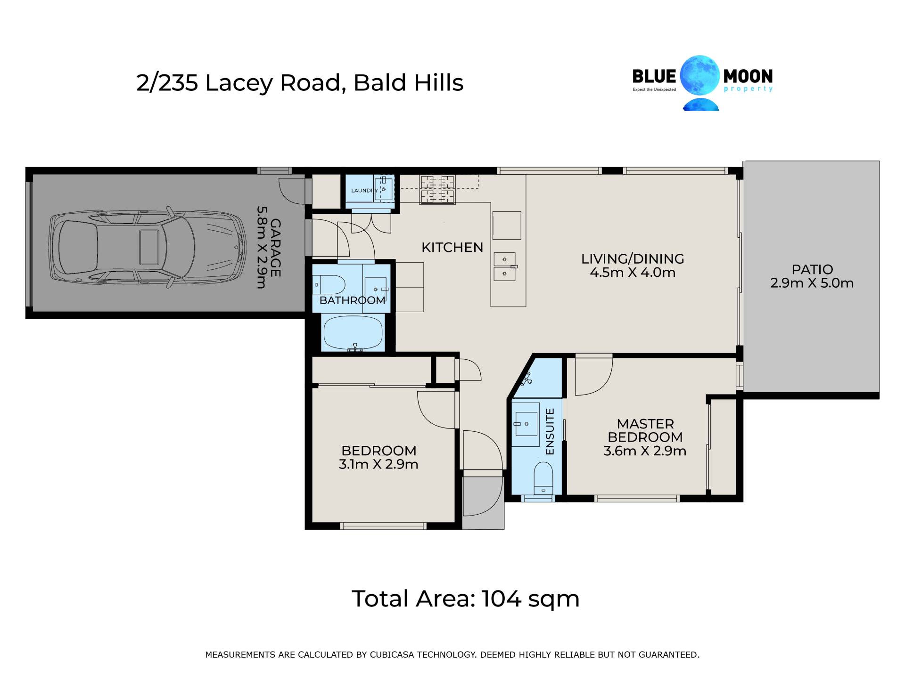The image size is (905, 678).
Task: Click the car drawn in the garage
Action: click(x=148, y=247)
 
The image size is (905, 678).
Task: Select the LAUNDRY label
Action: click(x=364, y=191)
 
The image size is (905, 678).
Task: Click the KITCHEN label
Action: click(x=452, y=247)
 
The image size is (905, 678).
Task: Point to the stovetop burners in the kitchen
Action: click(x=438, y=190)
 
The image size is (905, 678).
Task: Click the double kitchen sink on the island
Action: click(x=505, y=266)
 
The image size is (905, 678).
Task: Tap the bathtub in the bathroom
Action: click(x=353, y=333)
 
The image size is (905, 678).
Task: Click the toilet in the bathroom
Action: click(x=329, y=285)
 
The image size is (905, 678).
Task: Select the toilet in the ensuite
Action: click(x=543, y=478)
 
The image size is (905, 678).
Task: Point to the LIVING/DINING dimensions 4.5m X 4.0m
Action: click(x=633, y=272)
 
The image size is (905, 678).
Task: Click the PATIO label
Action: click(x=812, y=269)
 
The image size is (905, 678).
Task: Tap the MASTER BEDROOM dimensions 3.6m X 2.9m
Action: click(x=645, y=451)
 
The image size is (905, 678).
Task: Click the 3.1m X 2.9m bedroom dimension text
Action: click(x=378, y=464)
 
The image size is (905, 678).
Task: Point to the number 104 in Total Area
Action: click(x=502, y=598)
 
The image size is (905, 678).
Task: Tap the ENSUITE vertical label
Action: click(x=550, y=432)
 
